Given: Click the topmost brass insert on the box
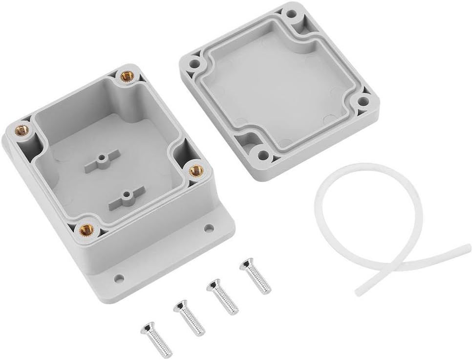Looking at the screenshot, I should (128, 76).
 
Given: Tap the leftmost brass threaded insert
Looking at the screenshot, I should (22, 130).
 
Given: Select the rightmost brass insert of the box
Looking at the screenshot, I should (196, 170).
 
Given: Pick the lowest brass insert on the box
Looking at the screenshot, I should (86, 227).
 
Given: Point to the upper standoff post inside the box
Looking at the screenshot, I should (102, 159).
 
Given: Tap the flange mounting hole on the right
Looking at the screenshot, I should (209, 228).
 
